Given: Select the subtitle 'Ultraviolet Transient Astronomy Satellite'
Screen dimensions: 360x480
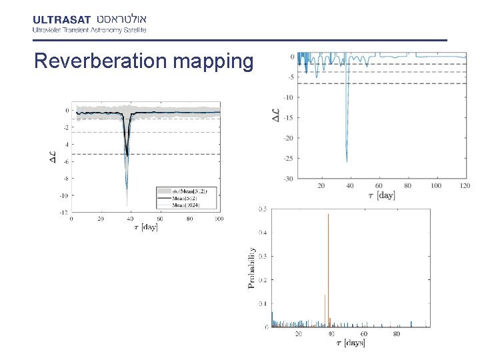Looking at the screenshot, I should (89, 29).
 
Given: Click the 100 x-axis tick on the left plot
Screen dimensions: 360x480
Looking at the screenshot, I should (219, 219).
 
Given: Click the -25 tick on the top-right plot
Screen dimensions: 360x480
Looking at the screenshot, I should (289, 159).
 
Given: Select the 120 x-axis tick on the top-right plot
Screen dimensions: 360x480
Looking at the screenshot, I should (465, 185).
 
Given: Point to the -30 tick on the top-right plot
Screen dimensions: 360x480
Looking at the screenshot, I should (289, 179).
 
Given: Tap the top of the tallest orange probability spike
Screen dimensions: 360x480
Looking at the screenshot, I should (328, 215).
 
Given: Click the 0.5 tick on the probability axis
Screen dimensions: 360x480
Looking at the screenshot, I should (264, 209).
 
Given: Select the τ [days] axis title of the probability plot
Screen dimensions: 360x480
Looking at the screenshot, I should (350, 343).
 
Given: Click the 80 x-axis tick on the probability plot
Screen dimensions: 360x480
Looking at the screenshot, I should (396, 334).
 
